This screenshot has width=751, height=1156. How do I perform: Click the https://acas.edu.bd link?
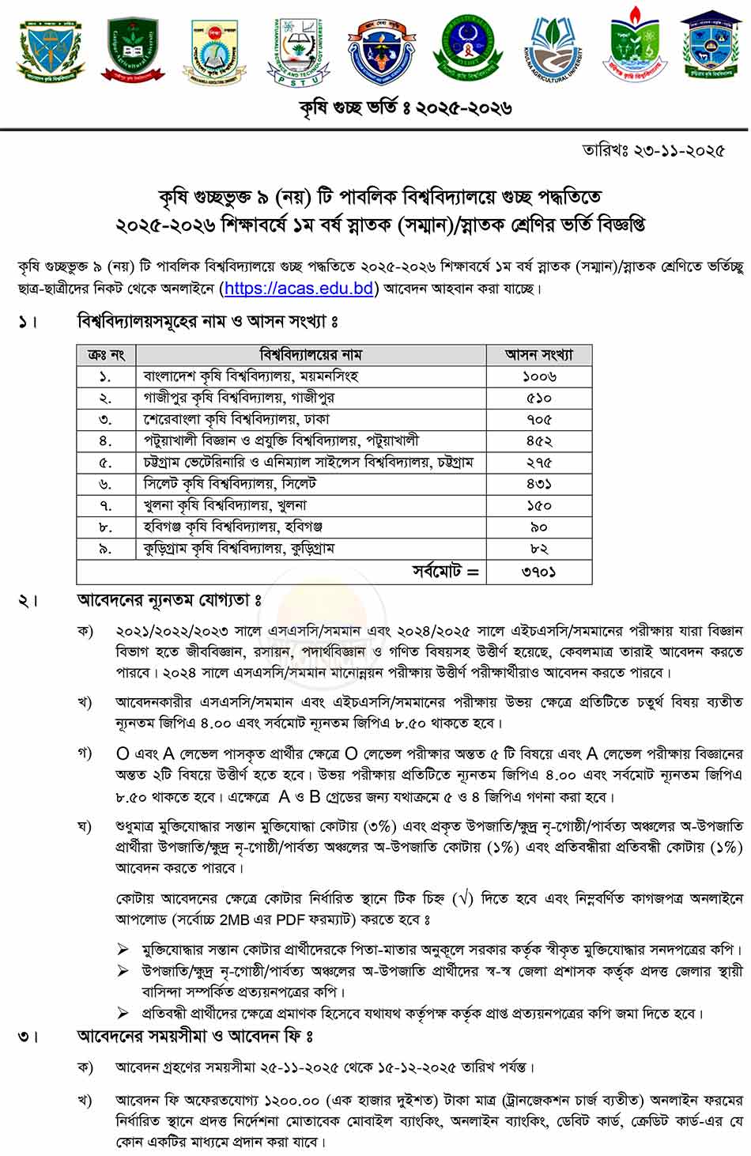[x=298, y=289]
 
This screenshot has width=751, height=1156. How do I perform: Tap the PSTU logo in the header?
[x=299, y=51]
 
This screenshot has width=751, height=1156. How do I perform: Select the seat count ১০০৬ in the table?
[x=539, y=376]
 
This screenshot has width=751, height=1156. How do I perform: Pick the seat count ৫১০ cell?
[x=539, y=398]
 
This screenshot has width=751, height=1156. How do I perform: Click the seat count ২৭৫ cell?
[x=539, y=463]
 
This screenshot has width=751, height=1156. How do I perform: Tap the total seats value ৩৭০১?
[x=539, y=571]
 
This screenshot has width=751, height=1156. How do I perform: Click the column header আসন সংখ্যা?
[x=539, y=355]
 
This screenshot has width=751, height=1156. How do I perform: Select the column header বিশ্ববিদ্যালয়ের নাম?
[x=310, y=355]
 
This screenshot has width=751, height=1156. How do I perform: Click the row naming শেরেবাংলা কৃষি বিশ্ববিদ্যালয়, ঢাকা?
[x=236, y=419]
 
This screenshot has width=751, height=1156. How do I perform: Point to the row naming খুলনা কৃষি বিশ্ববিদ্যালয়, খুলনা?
[x=225, y=505]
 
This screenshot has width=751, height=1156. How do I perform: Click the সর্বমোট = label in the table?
[x=445, y=571]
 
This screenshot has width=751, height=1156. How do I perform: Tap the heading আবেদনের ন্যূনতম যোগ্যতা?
[x=168, y=601]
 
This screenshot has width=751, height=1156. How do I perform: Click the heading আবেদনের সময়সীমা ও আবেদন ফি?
[x=194, y=1036]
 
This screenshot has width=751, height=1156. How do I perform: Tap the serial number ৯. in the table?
[x=105, y=549]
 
